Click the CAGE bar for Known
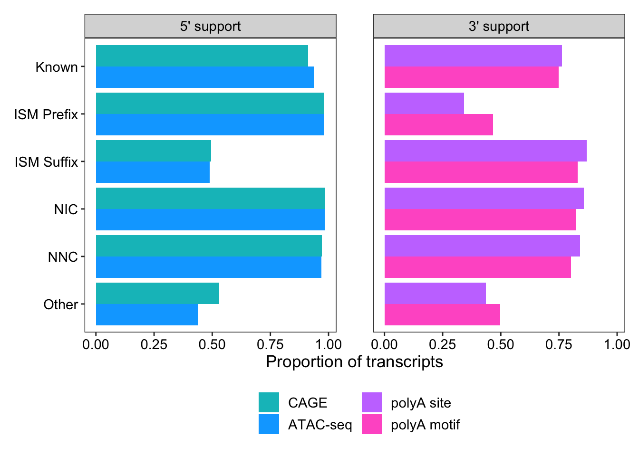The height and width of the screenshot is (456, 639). click(x=202, y=56)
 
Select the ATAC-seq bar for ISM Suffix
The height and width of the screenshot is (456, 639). click(x=153, y=172)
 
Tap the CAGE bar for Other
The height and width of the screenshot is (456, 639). click(x=157, y=294)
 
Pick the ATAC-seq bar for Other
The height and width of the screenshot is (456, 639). click(x=146, y=314)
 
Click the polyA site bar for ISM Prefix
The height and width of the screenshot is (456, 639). click(x=424, y=104)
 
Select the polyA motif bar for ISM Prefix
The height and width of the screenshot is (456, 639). click(x=438, y=124)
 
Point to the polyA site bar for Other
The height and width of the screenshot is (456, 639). click(x=435, y=294)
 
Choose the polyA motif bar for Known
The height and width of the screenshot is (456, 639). click(x=471, y=77)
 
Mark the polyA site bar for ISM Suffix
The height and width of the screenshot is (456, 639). click(x=485, y=151)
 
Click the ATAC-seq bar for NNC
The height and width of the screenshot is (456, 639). click(x=208, y=267)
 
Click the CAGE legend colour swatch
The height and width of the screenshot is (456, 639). click(x=269, y=402)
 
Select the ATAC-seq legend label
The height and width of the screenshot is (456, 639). click(x=320, y=425)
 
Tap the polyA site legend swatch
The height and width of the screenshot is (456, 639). click(x=371, y=402)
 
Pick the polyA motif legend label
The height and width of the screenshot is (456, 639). click(x=425, y=425)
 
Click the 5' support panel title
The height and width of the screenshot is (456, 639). click(x=210, y=27)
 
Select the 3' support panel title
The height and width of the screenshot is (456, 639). click(x=499, y=27)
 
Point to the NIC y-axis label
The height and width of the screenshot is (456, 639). click(x=66, y=209)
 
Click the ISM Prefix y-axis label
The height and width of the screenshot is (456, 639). click(x=46, y=114)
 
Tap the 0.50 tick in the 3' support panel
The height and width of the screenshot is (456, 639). click(x=501, y=344)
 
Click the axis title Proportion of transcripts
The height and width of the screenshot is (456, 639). click(x=354, y=362)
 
